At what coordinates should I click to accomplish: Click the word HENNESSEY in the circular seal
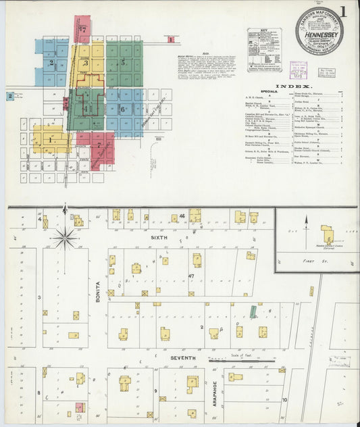tap(318, 31)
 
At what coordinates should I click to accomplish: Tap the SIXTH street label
tap(158, 238)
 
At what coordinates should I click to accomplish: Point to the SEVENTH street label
tap(182, 357)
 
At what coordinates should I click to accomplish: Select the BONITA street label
tap(98, 291)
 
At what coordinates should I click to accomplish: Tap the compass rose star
tap(66, 236)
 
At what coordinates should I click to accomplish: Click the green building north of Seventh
tap(253, 312)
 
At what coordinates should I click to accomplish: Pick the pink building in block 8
tap(79, 407)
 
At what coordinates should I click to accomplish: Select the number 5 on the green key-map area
tap(123, 62)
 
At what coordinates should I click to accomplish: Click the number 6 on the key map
tap(123, 108)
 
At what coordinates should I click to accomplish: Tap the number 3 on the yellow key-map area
tap(86, 63)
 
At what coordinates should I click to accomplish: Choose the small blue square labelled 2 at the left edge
tap(10, 97)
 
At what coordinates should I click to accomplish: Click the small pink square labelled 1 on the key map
tap(171, 39)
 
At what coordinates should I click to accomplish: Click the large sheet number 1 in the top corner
tap(344, 11)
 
